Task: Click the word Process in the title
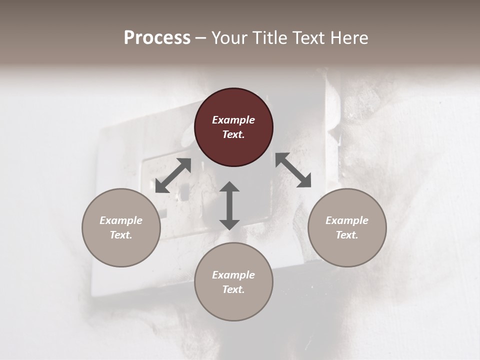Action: click(157, 38)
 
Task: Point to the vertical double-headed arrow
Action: click(229, 205)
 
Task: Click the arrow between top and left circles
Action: click(173, 175)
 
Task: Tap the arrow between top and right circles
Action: click(293, 170)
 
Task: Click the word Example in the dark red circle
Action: click(233, 120)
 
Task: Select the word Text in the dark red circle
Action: click(232, 134)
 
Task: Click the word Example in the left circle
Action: click(121, 220)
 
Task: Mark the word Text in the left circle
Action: click(120, 235)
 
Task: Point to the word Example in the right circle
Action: click(347, 220)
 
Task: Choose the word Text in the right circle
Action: click(346, 235)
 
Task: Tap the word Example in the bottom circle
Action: click(233, 275)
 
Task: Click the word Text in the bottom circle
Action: click(232, 289)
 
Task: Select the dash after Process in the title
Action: click(200, 38)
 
